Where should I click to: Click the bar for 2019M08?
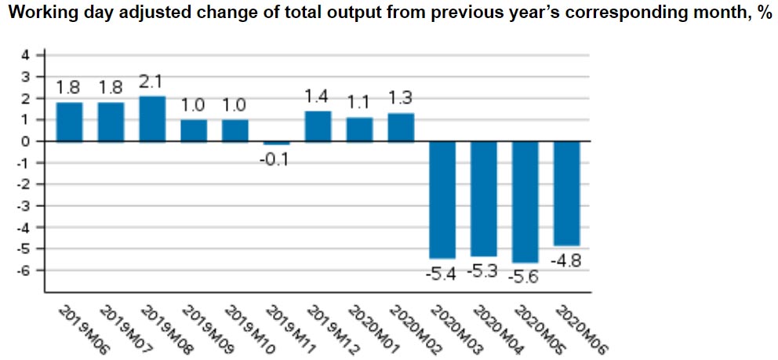pos(152,119)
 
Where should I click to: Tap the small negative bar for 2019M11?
pos(276,144)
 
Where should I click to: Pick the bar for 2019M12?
pos(318,126)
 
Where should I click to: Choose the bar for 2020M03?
pos(442,200)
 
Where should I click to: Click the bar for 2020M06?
pos(567,194)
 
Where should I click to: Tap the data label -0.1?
pos(276,159)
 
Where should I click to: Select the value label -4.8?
pos(567,260)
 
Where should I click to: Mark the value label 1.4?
pos(318,99)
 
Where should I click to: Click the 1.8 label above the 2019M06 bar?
pos(69,90)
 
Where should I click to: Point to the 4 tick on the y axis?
pos(24,56)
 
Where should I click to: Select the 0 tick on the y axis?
pos(24,142)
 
